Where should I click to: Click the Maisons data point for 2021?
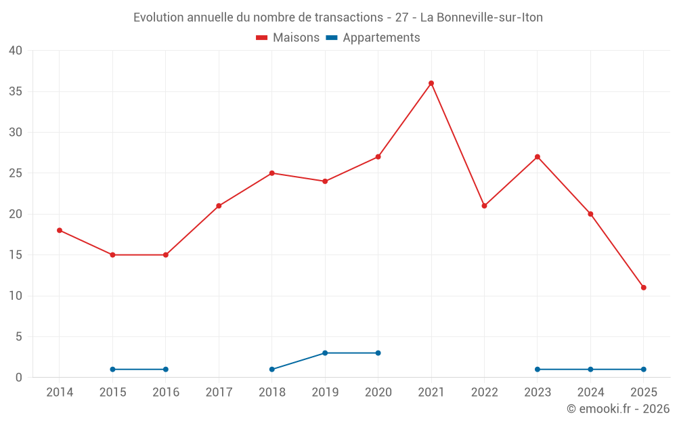point(431,83)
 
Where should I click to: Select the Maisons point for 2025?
point(643,288)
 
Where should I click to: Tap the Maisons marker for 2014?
point(60,230)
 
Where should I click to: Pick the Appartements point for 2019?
point(325,353)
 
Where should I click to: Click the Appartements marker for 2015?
point(112,370)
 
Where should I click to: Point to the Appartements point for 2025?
point(643,370)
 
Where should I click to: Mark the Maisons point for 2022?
point(484,206)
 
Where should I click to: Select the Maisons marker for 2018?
point(271,173)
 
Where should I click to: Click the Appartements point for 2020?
point(378,353)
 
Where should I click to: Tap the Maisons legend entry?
point(288,38)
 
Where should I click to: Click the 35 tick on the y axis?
point(16,91)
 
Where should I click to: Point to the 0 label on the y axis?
point(19,378)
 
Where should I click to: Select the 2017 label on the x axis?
point(219,393)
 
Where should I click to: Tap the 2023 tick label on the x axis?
point(537,393)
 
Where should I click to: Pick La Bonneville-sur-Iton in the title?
point(481,18)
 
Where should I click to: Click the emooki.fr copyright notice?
point(617,409)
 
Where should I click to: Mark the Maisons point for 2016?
point(165,255)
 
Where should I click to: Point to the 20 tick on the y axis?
point(16,214)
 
